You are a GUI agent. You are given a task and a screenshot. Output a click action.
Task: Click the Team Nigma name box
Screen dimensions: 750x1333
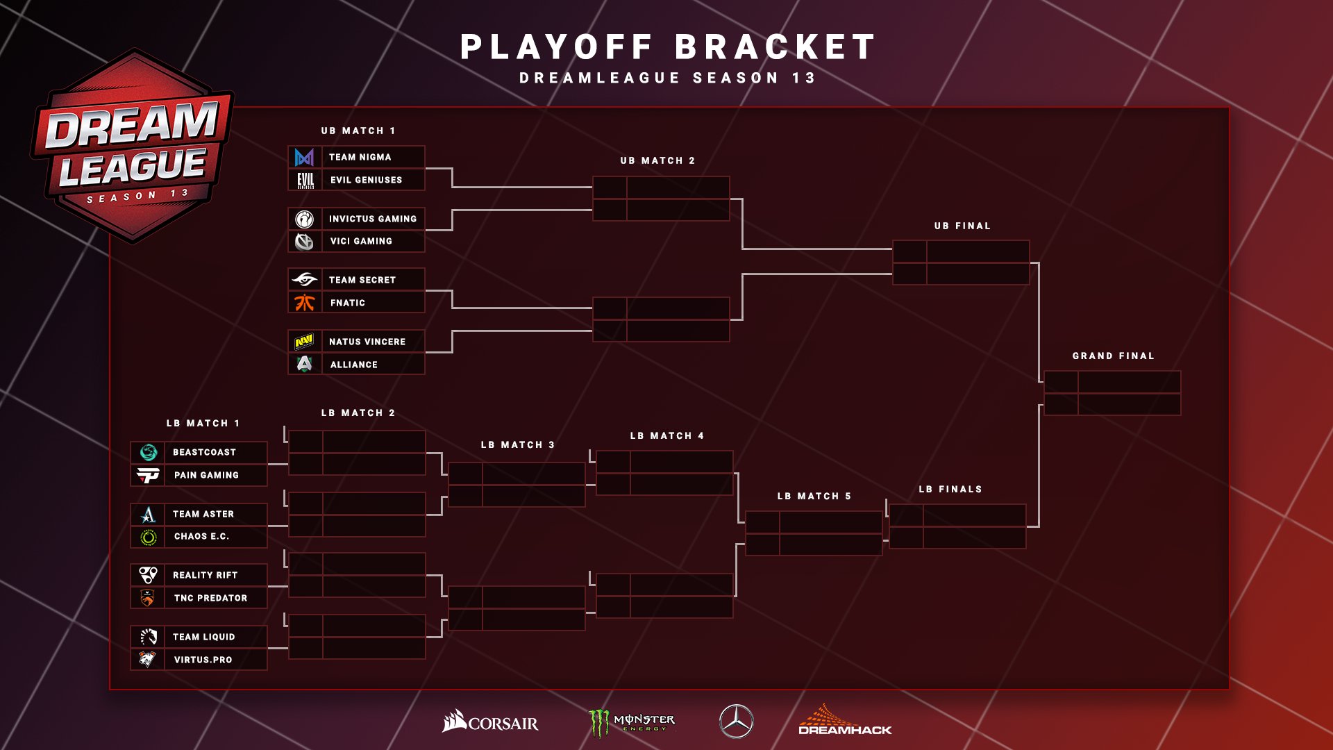[x=372, y=157]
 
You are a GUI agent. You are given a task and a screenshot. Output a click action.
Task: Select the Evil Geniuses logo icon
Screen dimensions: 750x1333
[x=305, y=180]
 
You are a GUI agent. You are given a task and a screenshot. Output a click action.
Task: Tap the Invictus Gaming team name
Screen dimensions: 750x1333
[x=372, y=219]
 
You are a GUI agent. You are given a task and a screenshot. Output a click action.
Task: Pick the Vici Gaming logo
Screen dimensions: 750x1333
[x=305, y=241]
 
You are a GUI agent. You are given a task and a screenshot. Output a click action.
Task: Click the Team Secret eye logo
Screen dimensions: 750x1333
[x=305, y=280]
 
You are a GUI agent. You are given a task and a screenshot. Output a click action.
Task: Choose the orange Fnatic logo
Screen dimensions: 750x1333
[x=305, y=303]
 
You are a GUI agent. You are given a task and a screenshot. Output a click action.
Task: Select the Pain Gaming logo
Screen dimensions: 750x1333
[x=148, y=475]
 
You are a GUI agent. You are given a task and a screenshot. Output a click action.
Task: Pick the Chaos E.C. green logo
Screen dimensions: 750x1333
[x=148, y=537]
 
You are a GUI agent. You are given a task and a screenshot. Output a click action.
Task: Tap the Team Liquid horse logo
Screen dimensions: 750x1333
[x=148, y=637]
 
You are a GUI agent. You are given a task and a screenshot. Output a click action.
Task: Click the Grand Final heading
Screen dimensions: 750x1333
[x=1113, y=356]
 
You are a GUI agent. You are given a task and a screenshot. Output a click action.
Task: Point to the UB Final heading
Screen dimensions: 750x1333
[x=962, y=226]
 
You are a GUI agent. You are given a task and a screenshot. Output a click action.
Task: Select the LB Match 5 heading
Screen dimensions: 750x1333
[x=814, y=496]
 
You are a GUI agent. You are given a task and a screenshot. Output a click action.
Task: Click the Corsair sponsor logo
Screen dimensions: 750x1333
[x=490, y=722]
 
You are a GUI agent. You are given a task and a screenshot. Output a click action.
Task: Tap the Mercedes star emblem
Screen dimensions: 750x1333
[x=736, y=721]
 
